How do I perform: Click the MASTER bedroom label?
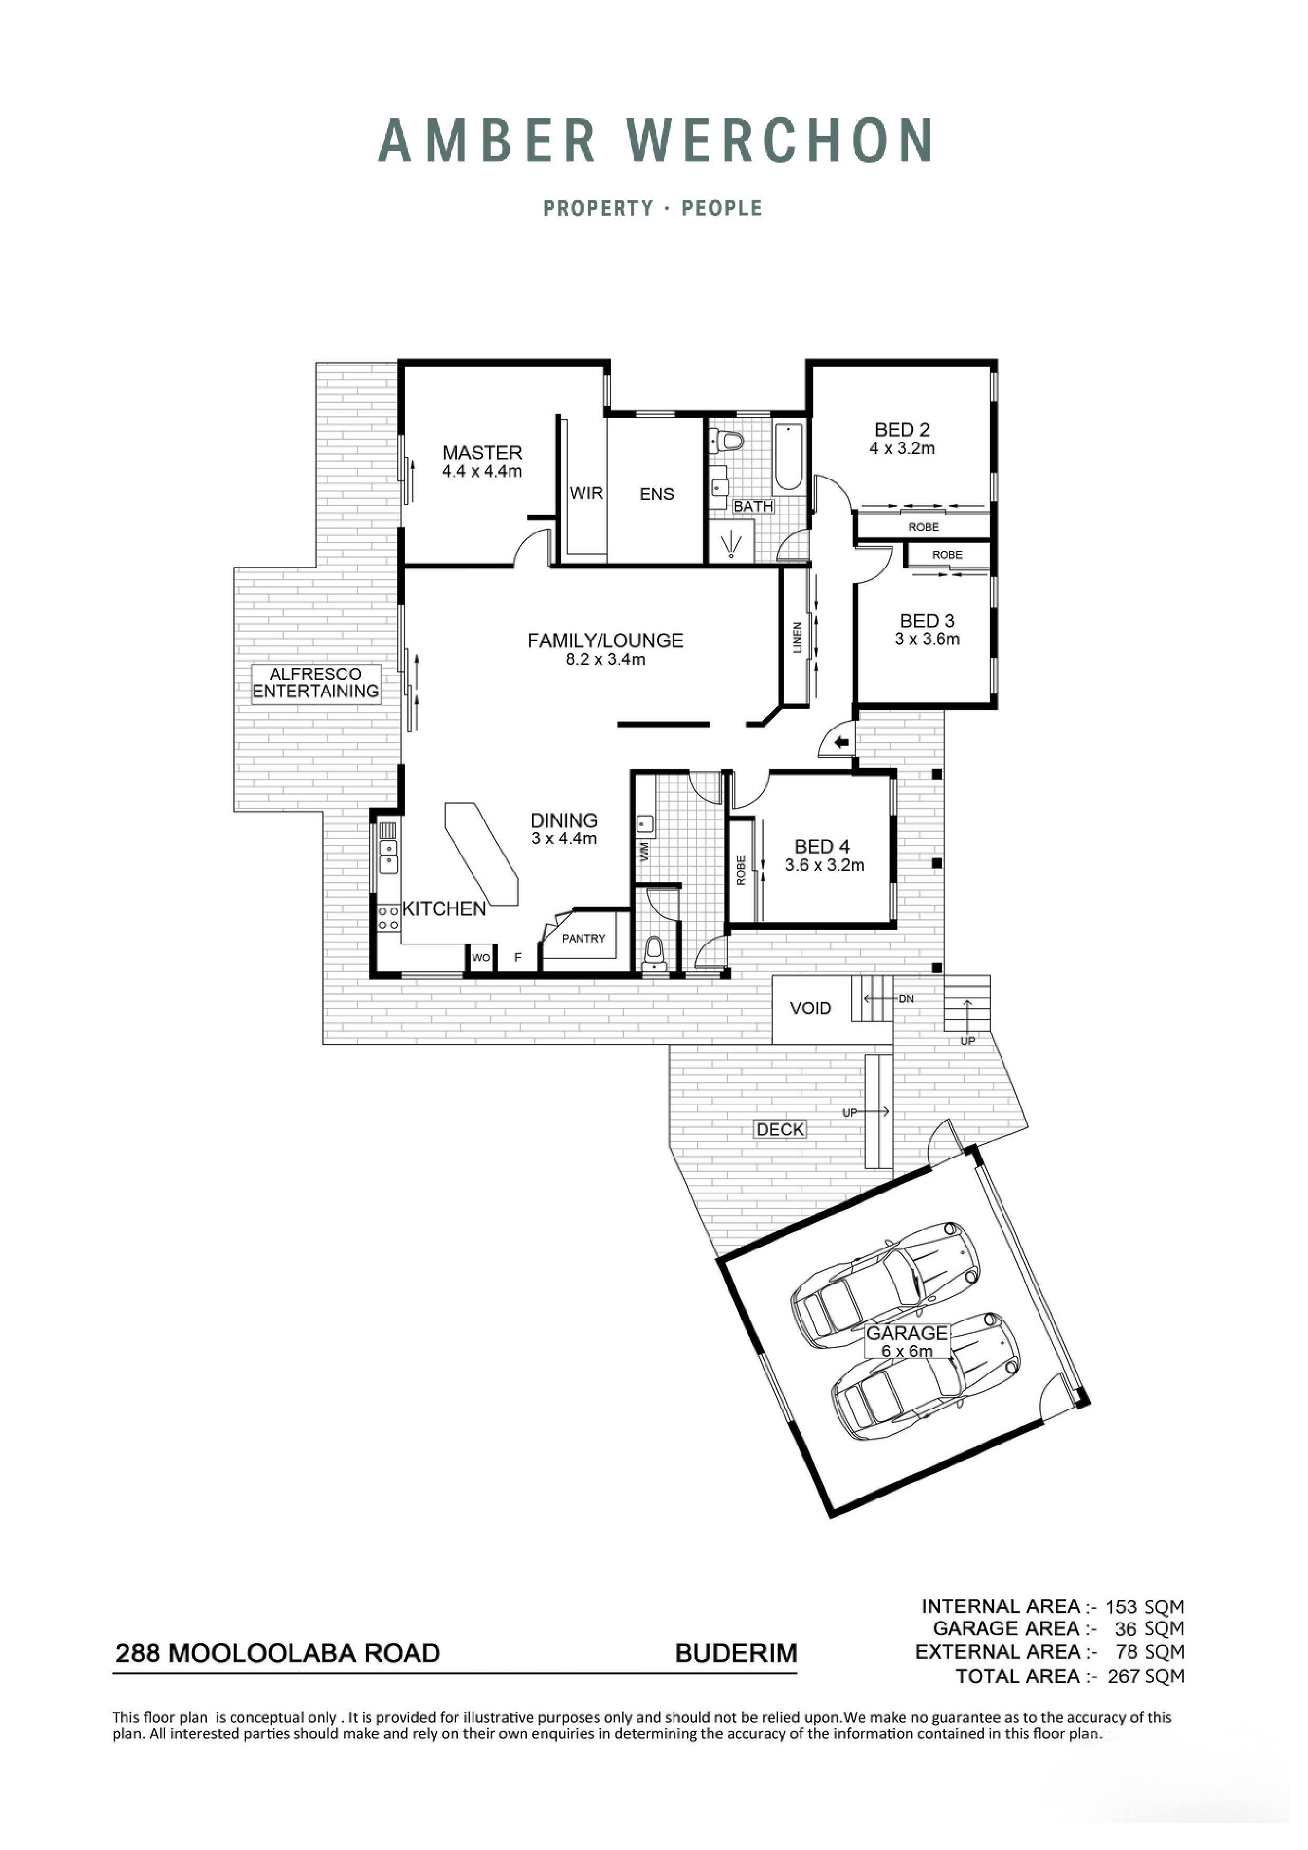tap(482, 453)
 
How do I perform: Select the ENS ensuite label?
tap(657, 494)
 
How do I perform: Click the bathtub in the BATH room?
tap(788, 458)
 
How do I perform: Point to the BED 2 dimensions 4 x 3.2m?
tap(902, 449)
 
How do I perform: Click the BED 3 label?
tap(927, 621)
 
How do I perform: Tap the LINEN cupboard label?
tap(798, 637)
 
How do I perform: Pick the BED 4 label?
tap(821, 847)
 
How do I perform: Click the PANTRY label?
tap(584, 938)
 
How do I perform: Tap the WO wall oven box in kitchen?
tap(481, 958)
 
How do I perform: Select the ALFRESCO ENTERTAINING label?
tap(315, 682)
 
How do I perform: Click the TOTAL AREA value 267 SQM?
tap(1145, 1677)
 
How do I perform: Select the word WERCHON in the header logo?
tap(780, 140)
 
